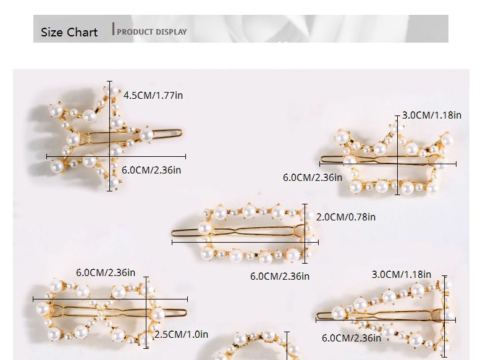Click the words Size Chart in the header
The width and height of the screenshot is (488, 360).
coord(69,32)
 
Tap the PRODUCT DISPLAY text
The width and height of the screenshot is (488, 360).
coord(152,31)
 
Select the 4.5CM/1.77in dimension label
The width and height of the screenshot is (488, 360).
coord(153,95)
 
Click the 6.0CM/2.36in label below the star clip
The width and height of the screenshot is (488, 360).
coord(151,170)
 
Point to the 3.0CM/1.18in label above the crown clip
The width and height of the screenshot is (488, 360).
coord(432,115)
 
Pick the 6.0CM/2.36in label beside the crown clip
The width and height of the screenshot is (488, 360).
coord(313,177)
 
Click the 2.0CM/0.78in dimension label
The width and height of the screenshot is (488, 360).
coord(346,217)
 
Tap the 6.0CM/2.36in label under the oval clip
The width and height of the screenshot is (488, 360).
coord(280,276)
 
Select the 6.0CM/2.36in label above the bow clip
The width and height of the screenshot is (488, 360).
coord(106,272)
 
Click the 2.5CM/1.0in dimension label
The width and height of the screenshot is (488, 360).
coord(180,334)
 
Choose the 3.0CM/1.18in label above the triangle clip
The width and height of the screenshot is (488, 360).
coord(402,274)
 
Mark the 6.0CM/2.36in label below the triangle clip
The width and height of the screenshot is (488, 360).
coord(351,338)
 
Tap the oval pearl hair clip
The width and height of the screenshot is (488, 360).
coord(253,233)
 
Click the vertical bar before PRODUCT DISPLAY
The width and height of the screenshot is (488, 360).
coord(114,28)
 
